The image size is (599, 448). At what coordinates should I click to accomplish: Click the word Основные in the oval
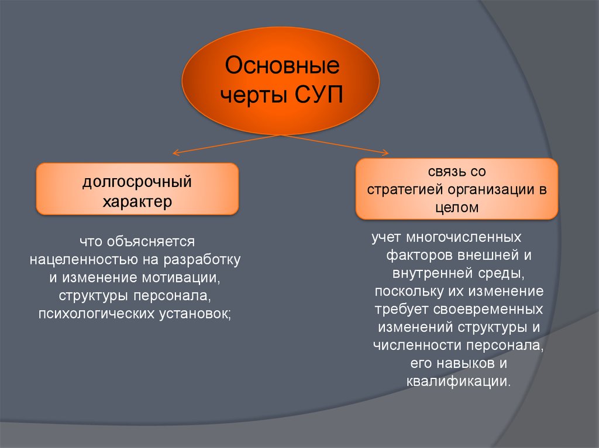pos(282,65)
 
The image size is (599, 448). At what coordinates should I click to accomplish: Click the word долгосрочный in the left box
pos(137,182)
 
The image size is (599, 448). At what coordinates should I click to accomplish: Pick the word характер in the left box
pos(137,202)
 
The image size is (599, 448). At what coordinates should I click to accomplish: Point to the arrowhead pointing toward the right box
pos(385,154)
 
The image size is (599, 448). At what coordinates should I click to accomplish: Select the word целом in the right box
pos(457,207)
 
